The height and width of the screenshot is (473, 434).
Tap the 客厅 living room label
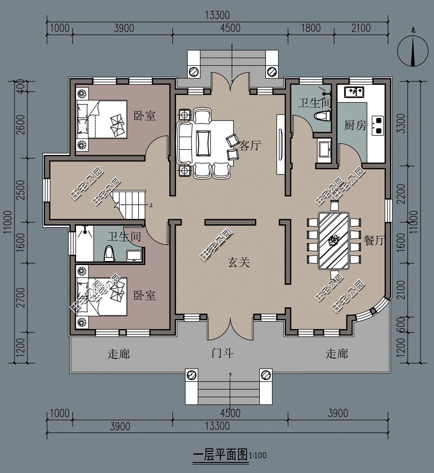point(250,145)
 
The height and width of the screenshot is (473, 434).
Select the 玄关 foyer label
point(239,262)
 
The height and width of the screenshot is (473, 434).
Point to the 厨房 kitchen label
point(355,125)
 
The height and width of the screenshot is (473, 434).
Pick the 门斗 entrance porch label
point(222,353)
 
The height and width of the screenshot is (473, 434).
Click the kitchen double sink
point(354,92)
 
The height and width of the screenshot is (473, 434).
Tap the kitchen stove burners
point(378,125)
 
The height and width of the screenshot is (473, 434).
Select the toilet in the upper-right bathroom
point(322,116)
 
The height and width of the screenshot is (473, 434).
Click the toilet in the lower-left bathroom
point(109,253)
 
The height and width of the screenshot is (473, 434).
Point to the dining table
point(334,241)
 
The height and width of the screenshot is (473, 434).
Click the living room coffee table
point(204,143)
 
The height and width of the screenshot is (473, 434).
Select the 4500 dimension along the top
point(230,28)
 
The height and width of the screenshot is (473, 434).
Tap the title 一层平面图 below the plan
point(220,455)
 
